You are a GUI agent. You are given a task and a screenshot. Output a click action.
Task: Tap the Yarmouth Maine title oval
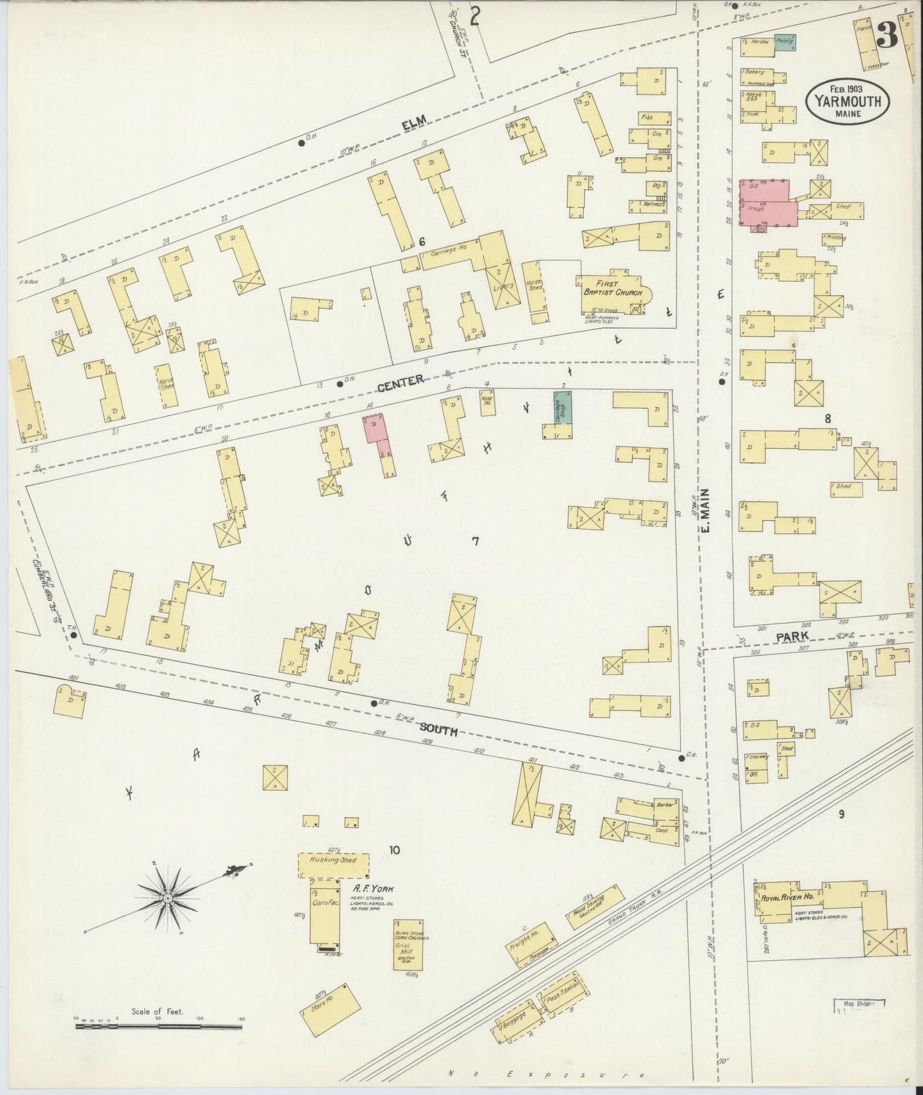coord(847,102)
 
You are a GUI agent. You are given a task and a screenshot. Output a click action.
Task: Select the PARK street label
coord(792,636)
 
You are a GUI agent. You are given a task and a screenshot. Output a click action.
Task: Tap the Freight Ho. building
coord(530,943)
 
